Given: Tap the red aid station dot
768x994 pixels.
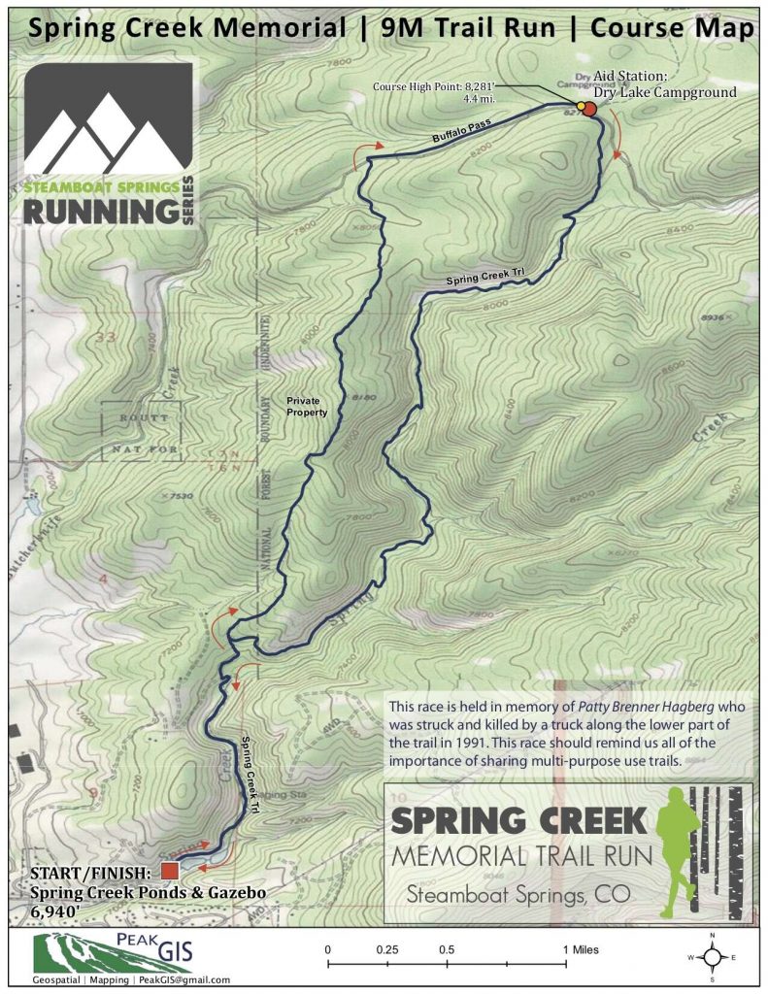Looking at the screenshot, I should coord(590,109).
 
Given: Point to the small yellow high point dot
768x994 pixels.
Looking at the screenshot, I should coord(581,105).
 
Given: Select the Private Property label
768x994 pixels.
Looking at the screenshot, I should coord(308,406).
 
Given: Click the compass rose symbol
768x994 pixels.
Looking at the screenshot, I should coord(713,955).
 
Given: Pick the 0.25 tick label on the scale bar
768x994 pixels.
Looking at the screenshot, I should coord(387,947).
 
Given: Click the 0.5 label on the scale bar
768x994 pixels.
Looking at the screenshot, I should coord(447,947).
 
